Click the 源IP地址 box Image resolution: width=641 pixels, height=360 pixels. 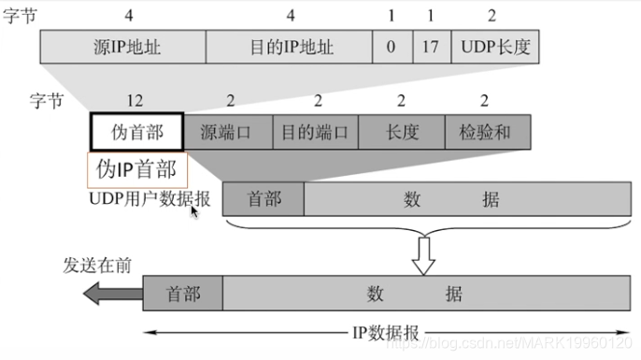coord(122,46)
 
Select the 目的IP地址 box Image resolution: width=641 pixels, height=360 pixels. coord(288,46)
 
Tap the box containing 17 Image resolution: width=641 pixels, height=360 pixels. coord(431,46)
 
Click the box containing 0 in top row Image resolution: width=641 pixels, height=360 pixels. coord(392,46)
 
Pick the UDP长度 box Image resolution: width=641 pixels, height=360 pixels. coord(494,46)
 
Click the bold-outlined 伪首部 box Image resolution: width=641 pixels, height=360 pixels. coord(136,133)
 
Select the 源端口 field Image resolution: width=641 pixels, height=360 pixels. coord(227,133)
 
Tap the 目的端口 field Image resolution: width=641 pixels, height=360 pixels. coord(315,133)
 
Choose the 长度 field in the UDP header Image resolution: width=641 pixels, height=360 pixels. coord(402,133)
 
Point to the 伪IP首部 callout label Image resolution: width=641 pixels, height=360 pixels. coord(136,169)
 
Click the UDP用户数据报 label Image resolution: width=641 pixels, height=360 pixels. coord(150,199)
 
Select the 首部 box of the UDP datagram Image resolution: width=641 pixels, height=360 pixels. coord(263,199)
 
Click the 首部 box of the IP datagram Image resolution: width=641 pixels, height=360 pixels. coord(182,294)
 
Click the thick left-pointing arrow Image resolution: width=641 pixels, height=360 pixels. coord(108,294)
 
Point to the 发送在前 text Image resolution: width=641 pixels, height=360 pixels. coord(97,265)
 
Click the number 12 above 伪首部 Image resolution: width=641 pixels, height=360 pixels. coord(136,99)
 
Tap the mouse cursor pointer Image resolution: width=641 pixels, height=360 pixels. coord(195,211)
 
